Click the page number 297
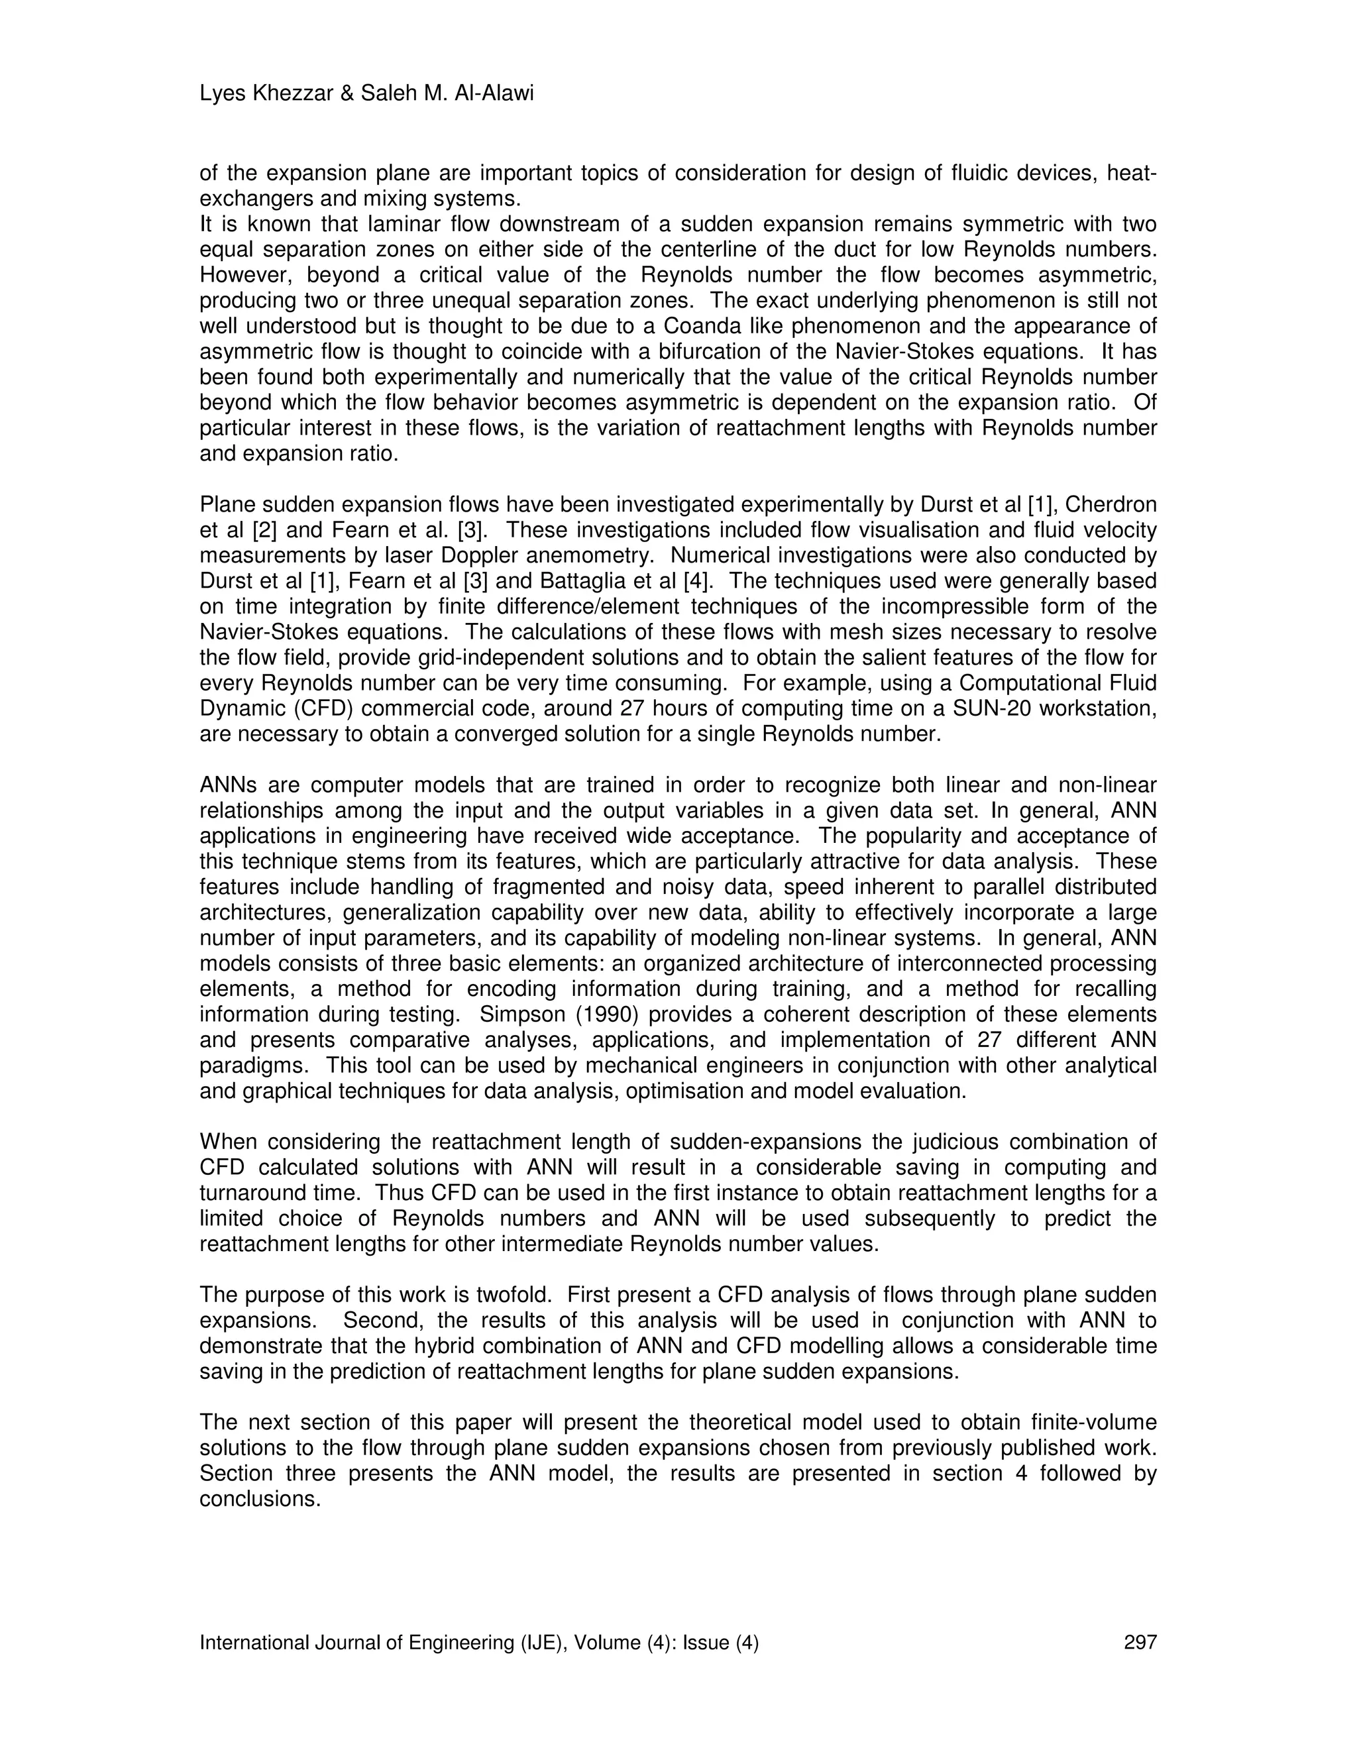tap(1140, 1643)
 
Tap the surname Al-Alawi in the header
tap(497, 94)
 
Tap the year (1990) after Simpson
tap(596, 1014)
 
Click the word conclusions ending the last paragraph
tap(260, 1499)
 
